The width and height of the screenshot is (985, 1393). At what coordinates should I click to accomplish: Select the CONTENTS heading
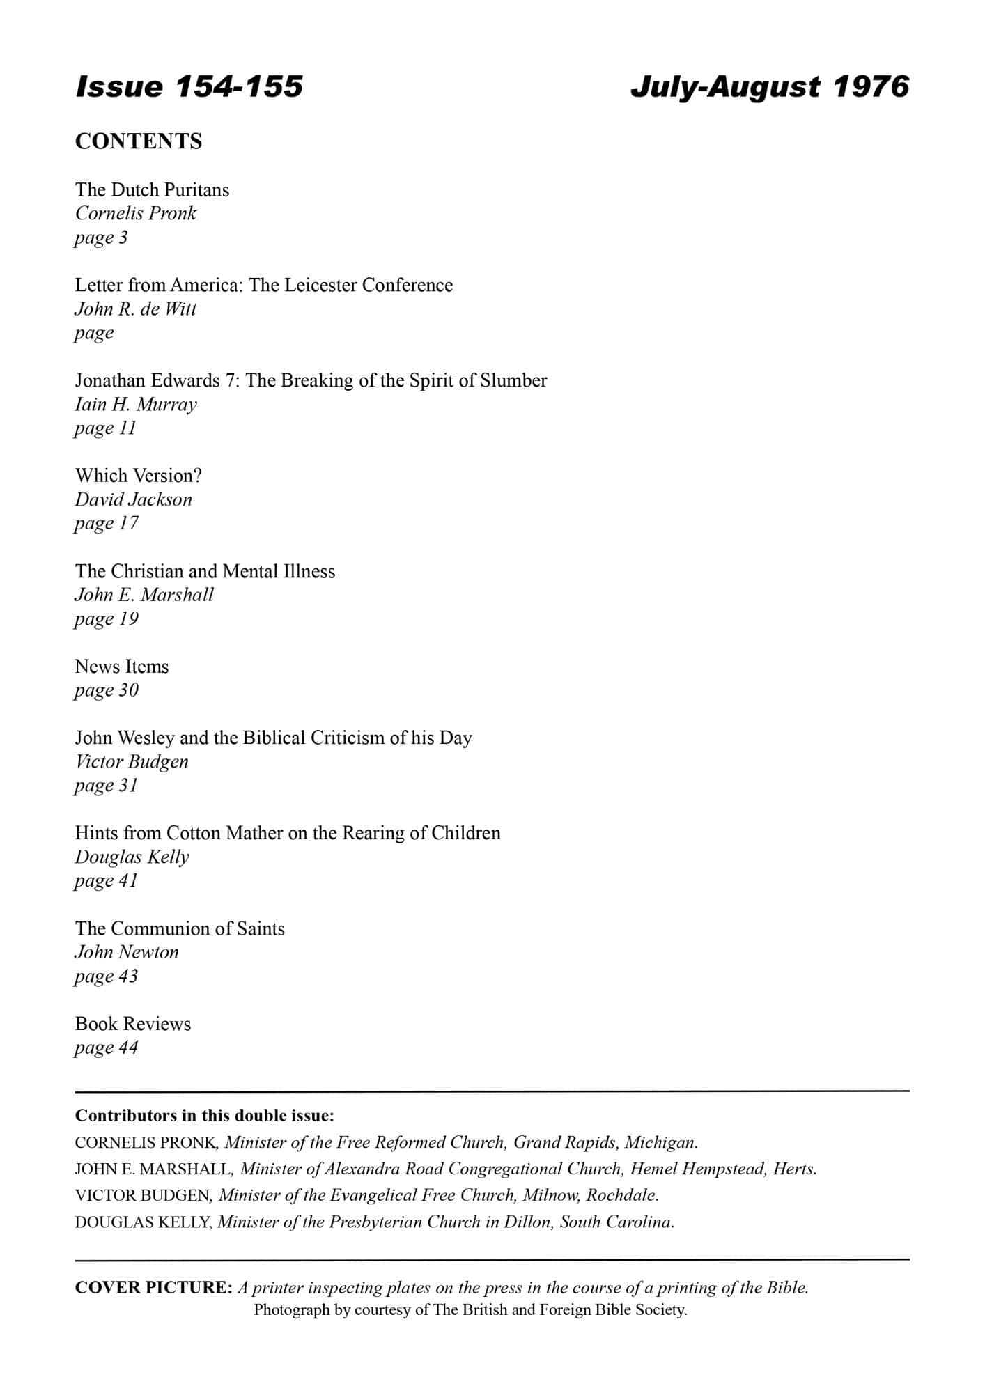[x=138, y=141]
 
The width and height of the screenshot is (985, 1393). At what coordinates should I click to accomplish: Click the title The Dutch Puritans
[x=152, y=189]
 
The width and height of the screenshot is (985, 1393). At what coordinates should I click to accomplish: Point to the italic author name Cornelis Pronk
[x=135, y=213]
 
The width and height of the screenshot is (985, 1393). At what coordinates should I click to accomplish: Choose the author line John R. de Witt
[x=135, y=309]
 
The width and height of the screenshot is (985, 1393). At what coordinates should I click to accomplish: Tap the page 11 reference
[x=105, y=428]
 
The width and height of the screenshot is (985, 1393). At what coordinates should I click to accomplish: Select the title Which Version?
[x=138, y=476]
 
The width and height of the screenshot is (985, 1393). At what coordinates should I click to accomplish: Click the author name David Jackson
[x=133, y=499]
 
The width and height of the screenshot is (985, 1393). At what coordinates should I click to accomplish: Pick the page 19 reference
[x=106, y=618]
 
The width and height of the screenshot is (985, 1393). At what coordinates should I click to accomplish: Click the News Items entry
[x=122, y=667]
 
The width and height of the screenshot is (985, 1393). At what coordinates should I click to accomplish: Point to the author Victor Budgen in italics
[x=132, y=761]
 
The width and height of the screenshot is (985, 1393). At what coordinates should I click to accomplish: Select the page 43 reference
[x=106, y=976]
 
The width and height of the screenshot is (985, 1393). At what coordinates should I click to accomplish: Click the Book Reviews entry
[x=132, y=1024]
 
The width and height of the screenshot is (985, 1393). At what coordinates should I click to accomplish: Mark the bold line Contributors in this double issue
[x=204, y=1115]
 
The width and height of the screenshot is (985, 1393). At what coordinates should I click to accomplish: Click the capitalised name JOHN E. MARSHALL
[x=152, y=1169]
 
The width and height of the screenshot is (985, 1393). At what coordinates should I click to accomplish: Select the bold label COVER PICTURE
[x=153, y=1287]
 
